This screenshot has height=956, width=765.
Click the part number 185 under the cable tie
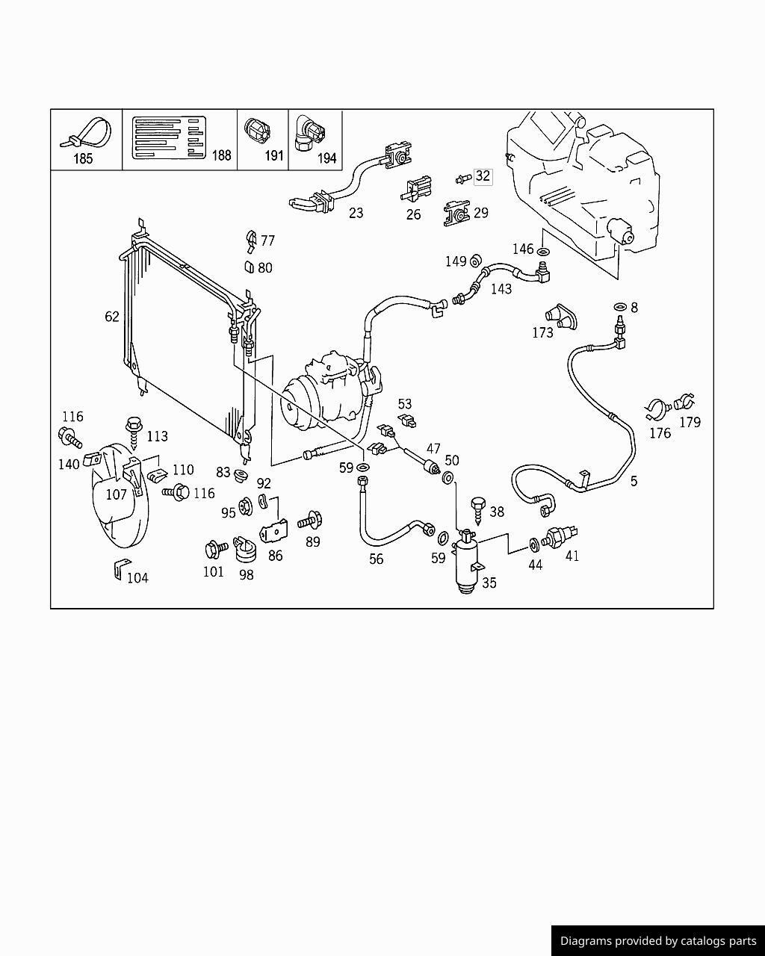[83, 158]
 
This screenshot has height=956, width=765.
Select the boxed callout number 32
[483, 176]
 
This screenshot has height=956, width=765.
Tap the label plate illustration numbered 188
[169, 137]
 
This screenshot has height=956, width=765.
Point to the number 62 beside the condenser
[112, 317]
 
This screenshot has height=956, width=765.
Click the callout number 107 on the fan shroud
[116, 494]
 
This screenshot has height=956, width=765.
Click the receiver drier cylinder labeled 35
[467, 562]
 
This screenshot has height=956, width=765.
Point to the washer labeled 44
[534, 544]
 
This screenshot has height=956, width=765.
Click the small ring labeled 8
[620, 307]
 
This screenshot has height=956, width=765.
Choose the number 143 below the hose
[501, 289]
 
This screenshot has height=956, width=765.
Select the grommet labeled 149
[476, 261]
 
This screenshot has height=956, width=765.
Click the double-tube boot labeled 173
[561, 317]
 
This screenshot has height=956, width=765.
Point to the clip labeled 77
[251, 242]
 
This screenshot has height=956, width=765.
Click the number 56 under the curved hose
[376, 559]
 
